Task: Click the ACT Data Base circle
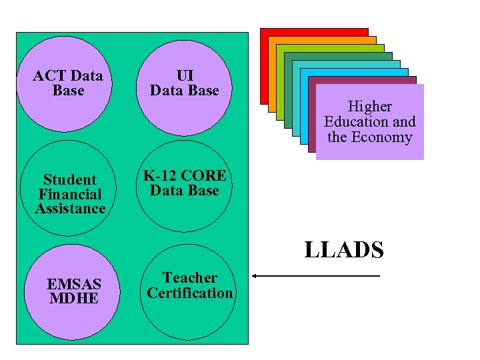pos(68,83)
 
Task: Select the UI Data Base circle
pos(184,83)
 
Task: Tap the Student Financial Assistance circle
pos(70,194)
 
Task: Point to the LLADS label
pos(344,250)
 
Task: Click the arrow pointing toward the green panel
pos(316,276)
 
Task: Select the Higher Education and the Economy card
pos(369,122)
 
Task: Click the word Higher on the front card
pos(369,107)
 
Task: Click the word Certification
pos(190,293)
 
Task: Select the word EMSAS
pos(74,285)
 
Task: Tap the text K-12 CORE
pos(185,175)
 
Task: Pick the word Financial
pos(70,195)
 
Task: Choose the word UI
pos(185,75)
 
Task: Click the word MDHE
pos(74,298)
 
